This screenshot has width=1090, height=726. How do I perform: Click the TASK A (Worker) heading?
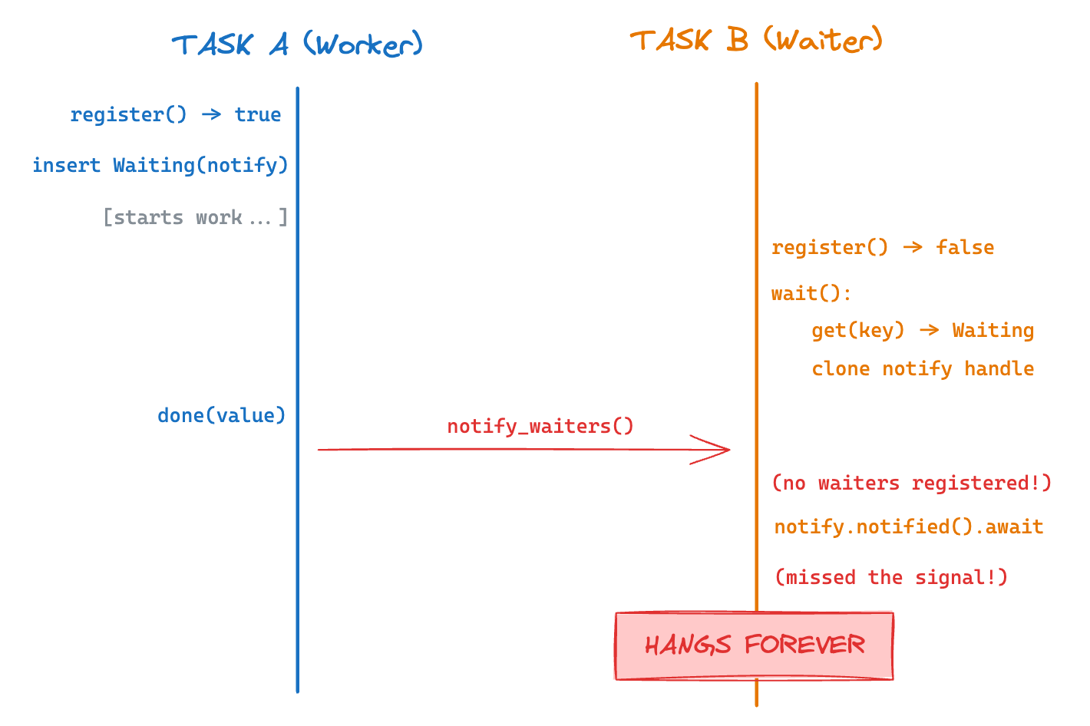coord(297,45)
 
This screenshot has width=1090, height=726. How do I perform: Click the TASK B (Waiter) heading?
coord(756,40)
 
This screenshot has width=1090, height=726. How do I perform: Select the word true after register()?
coord(257,115)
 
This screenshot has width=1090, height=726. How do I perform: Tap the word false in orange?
coord(964,248)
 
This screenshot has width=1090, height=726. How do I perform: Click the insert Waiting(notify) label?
coord(160,166)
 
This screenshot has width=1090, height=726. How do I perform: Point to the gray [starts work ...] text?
coord(195,218)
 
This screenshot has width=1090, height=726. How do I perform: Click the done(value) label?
coord(221,416)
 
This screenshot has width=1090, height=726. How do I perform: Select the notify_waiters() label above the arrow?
coord(540,427)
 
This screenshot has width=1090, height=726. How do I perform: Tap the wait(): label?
coord(811,294)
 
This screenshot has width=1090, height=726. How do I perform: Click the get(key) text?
coord(857,331)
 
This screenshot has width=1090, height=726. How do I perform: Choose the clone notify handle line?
coord(923,369)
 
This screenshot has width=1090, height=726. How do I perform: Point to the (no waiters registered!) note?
coord(911,483)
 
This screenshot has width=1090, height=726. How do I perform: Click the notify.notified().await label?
coord(909,527)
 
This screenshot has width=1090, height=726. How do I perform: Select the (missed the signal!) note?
coord(890,578)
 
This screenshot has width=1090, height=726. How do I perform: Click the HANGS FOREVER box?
coord(754,645)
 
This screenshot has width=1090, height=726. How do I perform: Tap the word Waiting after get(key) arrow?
coord(993,331)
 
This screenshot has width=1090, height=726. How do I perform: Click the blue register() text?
coord(128,115)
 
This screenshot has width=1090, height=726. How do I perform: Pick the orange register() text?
coord(829,248)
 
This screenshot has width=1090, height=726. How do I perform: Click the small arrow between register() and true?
coord(211,114)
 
